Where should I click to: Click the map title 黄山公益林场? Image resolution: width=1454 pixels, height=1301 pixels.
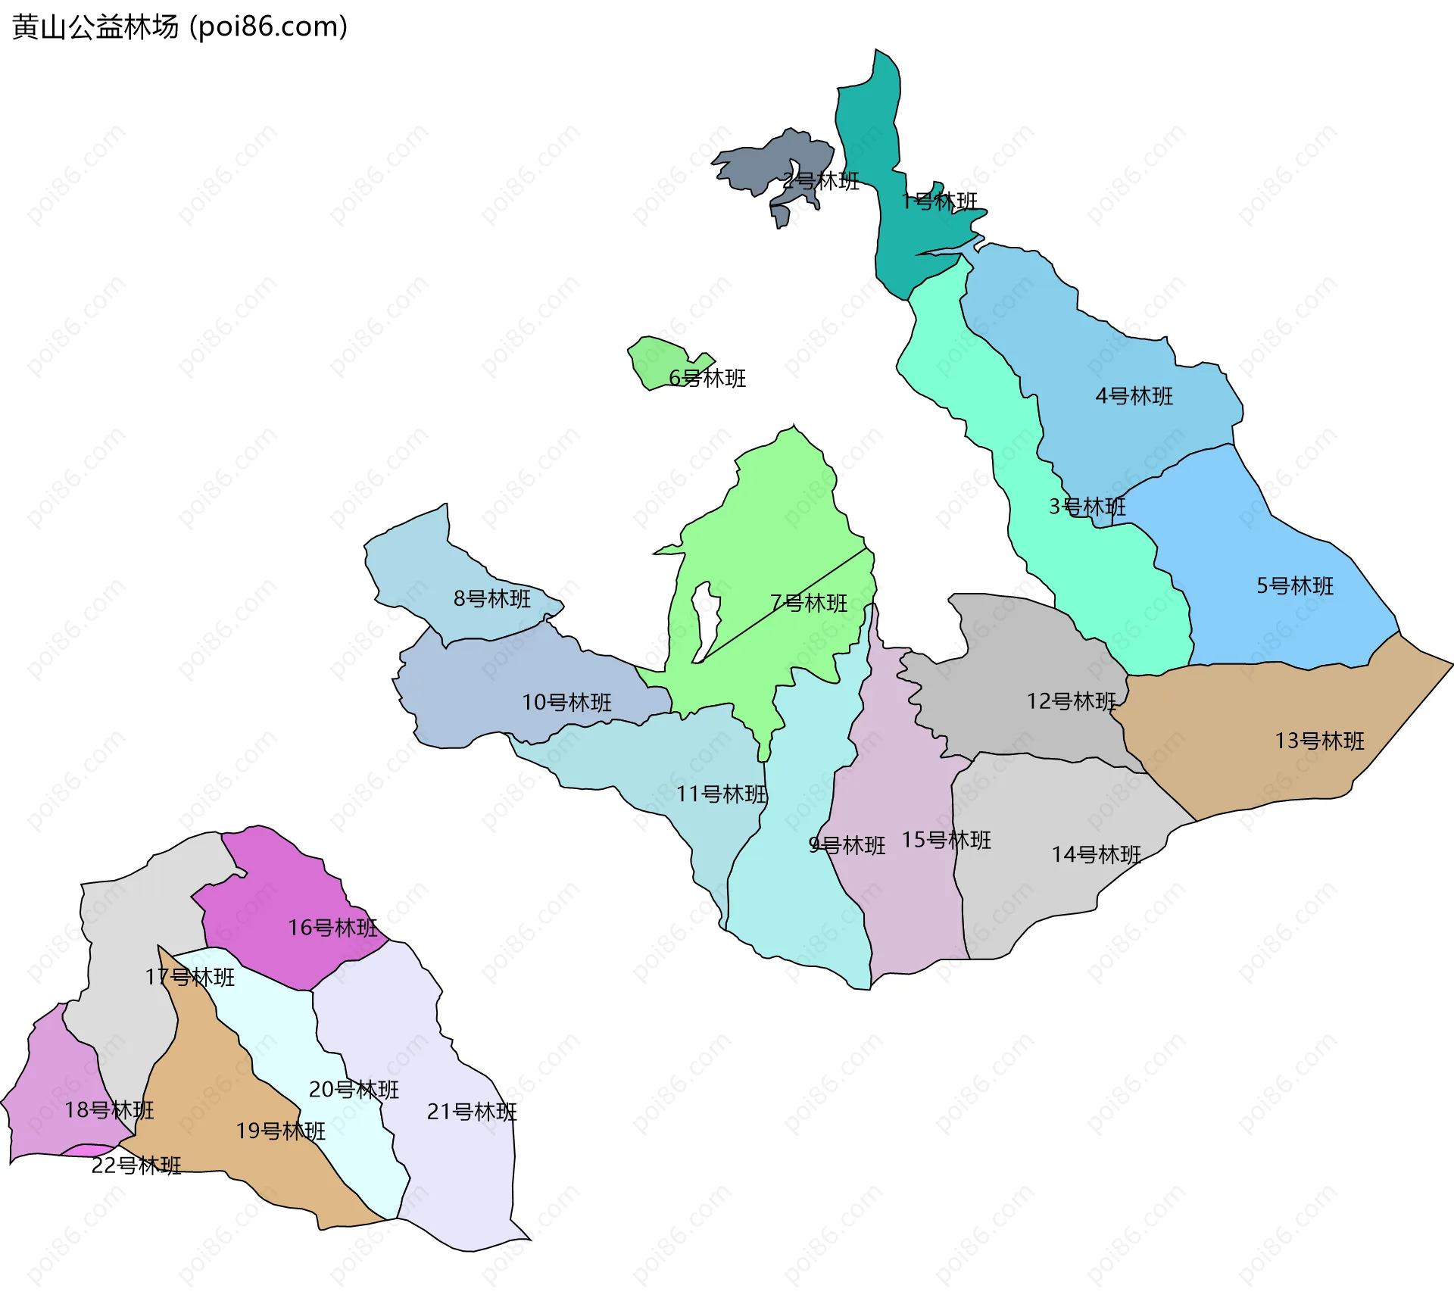(x=95, y=27)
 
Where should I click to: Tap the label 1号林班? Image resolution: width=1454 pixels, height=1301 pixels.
(x=939, y=201)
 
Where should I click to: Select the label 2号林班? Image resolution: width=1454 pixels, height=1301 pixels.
(x=821, y=181)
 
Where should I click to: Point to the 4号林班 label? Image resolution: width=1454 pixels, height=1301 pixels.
(x=1134, y=396)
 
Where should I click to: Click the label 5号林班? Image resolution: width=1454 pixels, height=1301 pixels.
(x=1295, y=586)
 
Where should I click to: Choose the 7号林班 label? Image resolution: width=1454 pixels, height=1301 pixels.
(x=809, y=604)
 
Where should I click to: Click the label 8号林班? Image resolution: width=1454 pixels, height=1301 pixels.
(x=492, y=599)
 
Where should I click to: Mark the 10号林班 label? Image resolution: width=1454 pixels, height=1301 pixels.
(x=566, y=703)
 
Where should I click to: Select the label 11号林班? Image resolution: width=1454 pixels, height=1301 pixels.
(x=722, y=794)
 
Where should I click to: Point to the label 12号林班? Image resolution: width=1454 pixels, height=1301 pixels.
(x=1071, y=701)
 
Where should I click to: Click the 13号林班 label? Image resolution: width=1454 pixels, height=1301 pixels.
(x=1319, y=741)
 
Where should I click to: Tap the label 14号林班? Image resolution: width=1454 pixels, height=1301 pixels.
(x=1096, y=855)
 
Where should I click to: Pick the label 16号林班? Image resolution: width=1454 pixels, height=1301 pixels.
(x=332, y=928)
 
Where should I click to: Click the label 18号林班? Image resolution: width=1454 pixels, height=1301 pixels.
(x=109, y=1110)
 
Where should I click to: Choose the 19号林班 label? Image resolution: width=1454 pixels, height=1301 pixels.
(x=280, y=1131)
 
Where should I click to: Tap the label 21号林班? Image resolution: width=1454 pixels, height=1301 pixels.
(x=472, y=1112)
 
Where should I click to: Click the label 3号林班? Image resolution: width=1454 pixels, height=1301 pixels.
(x=1087, y=507)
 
